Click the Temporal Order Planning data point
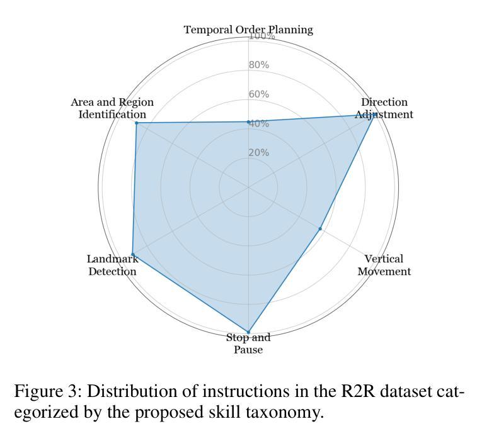pos(248,122)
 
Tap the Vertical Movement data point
pos(320,229)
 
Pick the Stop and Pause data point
pos(248,332)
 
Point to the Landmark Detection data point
pos(132,254)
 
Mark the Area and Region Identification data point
pos(136,123)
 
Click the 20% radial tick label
pos(259,153)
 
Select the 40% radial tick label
pos(259,123)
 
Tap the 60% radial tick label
pos(259,94)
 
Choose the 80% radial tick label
pos(259,65)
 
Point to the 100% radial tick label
pos(262,36)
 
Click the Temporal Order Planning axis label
pos(248,30)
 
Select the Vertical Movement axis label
pos(384,265)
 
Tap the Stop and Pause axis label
pos(248,343)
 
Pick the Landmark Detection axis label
pos(112,265)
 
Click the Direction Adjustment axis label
pos(384,108)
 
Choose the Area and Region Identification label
pos(112,108)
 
